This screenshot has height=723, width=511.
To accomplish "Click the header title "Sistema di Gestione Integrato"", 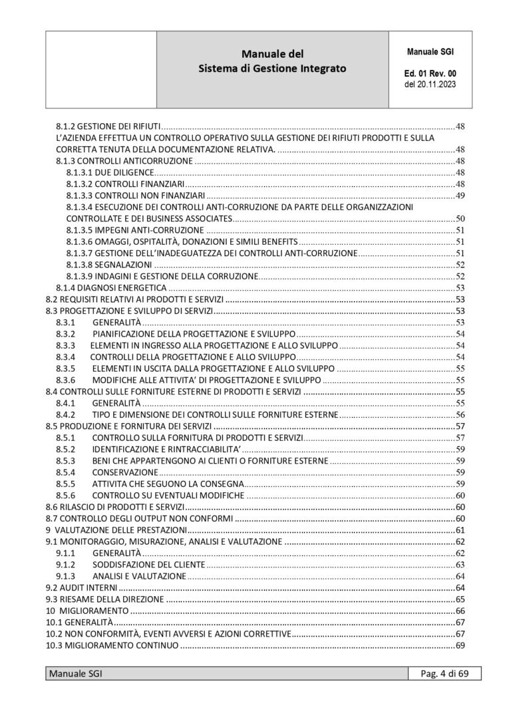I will click(x=273, y=69).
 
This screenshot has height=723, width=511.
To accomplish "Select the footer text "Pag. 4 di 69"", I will click(x=444, y=674).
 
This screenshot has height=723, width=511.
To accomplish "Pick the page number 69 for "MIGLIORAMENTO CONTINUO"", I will click(x=460, y=646).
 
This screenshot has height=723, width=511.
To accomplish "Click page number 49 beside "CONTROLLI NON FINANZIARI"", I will click(x=460, y=196).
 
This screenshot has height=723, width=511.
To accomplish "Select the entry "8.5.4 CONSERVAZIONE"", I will click(x=97, y=472).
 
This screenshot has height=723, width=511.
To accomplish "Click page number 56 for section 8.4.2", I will click(x=460, y=414).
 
